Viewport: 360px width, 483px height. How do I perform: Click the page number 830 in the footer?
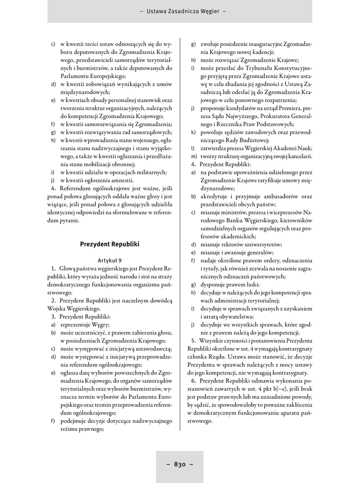pos(180,464)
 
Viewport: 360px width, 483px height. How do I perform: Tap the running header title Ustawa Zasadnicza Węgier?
pos(180,11)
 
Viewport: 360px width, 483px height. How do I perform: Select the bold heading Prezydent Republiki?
pos(110,244)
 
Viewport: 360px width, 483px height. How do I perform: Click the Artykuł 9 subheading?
pos(110,260)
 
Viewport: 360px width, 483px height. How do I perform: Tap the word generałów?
pos(251,252)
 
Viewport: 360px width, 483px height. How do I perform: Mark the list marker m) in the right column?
pos(193,156)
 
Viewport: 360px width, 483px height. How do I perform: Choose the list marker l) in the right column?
pos(193,148)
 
